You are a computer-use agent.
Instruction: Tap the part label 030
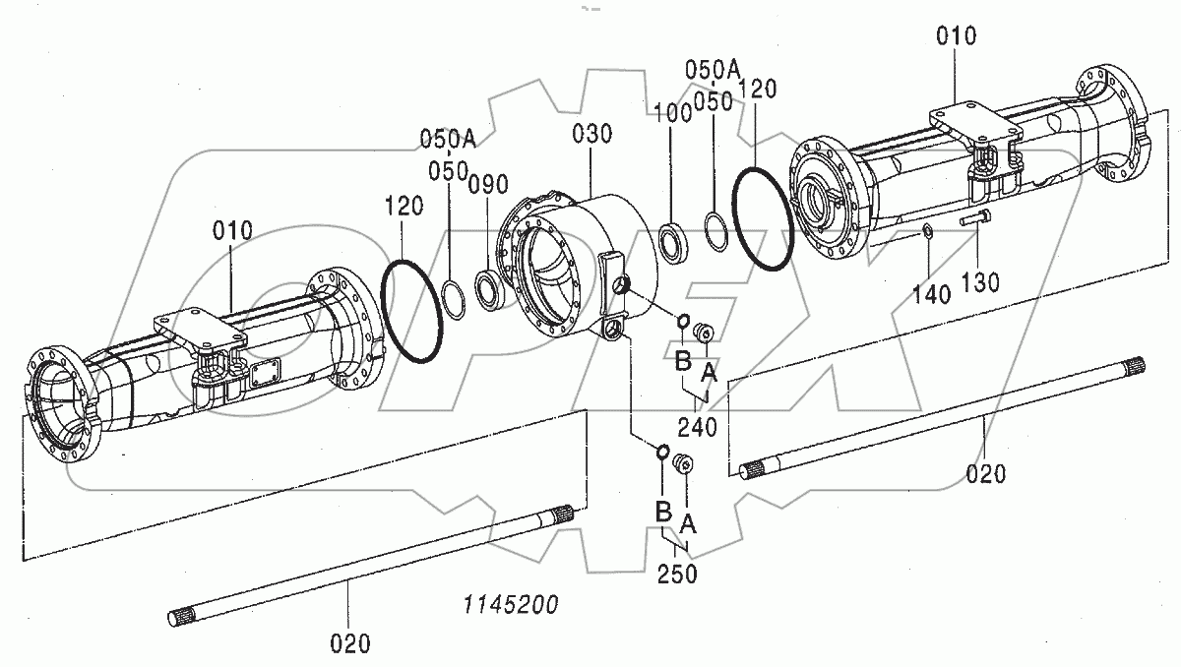[593, 134]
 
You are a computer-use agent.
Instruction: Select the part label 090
[488, 185]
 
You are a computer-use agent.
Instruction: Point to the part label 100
[678, 111]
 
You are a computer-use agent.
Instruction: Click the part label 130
[980, 282]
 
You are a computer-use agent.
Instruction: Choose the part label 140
[931, 292]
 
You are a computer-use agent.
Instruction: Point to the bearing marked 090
[490, 289]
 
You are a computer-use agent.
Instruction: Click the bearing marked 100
[673, 243]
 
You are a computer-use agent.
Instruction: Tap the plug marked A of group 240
[704, 332]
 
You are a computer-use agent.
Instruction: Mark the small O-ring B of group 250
[663, 453]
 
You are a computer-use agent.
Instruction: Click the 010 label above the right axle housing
[956, 36]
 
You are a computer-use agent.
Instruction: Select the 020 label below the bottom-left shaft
[350, 644]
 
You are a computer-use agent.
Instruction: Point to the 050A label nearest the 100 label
[713, 68]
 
